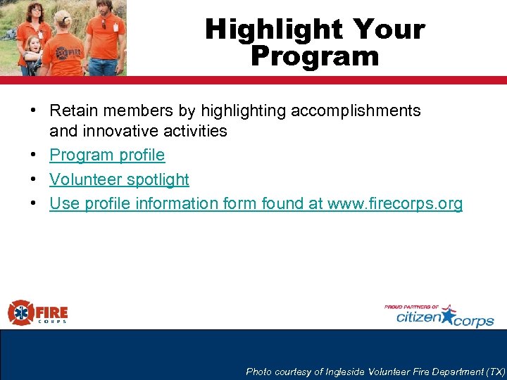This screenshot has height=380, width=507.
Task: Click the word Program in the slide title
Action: (315, 56)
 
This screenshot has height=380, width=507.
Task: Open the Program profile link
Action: (107, 155)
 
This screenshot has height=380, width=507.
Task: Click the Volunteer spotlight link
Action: (119, 179)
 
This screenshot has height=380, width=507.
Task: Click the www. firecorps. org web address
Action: (395, 204)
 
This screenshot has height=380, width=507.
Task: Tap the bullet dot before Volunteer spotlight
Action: (33, 180)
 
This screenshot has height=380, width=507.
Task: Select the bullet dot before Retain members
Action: (33, 111)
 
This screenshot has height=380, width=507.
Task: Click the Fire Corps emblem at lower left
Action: (20, 312)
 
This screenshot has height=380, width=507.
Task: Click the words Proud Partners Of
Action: (411, 307)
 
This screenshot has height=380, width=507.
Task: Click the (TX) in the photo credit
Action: (496, 372)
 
